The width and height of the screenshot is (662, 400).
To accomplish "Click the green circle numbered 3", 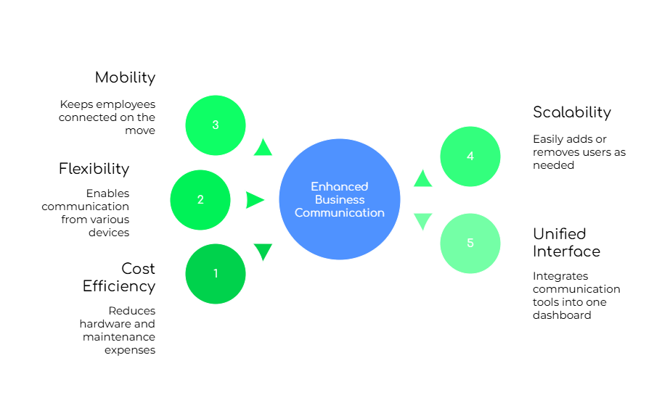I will (x=216, y=125).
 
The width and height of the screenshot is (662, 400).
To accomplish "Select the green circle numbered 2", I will (x=200, y=200).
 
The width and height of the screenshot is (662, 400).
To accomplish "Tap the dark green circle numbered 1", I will (x=216, y=274).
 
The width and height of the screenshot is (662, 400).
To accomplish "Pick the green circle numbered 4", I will (x=470, y=157).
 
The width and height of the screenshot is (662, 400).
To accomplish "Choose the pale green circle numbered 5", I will (x=470, y=243).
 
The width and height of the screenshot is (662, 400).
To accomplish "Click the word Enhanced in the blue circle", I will (x=340, y=187).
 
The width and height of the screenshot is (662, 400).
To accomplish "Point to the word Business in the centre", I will (x=340, y=200).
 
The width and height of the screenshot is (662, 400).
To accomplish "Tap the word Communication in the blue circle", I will (x=340, y=213).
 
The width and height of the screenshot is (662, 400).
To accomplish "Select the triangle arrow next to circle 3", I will (x=263, y=148).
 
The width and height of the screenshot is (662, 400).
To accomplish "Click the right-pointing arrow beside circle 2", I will (x=255, y=200).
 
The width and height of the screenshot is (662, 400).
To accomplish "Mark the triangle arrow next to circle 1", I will (x=263, y=251).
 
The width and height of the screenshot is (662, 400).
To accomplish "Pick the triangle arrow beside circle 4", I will (x=422, y=179).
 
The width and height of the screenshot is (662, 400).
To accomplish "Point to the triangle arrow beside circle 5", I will (x=422, y=221).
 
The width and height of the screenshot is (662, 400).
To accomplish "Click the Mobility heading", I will (x=126, y=77).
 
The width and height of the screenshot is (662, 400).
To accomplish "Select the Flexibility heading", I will (x=94, y=168).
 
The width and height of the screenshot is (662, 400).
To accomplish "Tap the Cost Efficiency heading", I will (x=120, y=277).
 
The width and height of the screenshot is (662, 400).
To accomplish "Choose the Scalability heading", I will (x=571, y=112).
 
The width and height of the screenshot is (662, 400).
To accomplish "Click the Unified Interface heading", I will (x=566, y=242).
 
